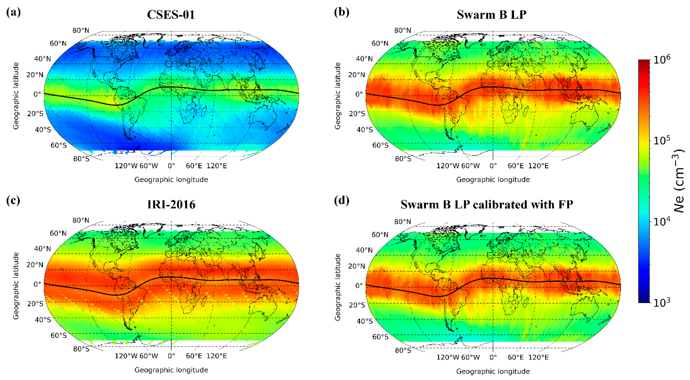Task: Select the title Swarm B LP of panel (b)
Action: pyautogui.click(x=492, y=15)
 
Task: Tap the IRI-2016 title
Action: pyautogui.click(x=171, y=205)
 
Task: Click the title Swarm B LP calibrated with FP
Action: pyautogui.click(x=487, y=205)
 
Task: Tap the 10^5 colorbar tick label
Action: pyautogui.click(x=662, y=140)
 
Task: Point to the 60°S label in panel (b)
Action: pyautogui.click(x=380, y=145)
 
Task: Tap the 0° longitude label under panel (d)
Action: pyautogui.click(x=493, y=357)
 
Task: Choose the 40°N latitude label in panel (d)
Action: pyautogui.click(x=364, y=250)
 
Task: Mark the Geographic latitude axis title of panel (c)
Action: pyautogui.click(x=16, y=286)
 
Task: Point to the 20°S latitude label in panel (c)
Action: pyautogui.click(x=35, y=304)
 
